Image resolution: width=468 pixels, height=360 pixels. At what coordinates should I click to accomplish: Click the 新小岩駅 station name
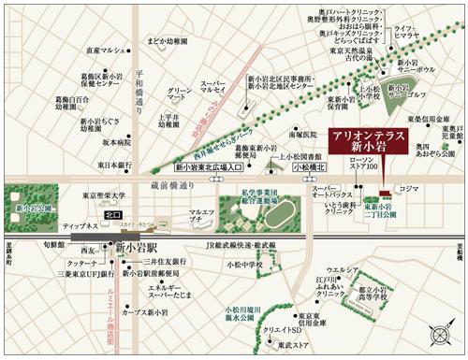point(135,248)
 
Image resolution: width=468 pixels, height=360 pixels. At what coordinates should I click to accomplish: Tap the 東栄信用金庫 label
point(431,121)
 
